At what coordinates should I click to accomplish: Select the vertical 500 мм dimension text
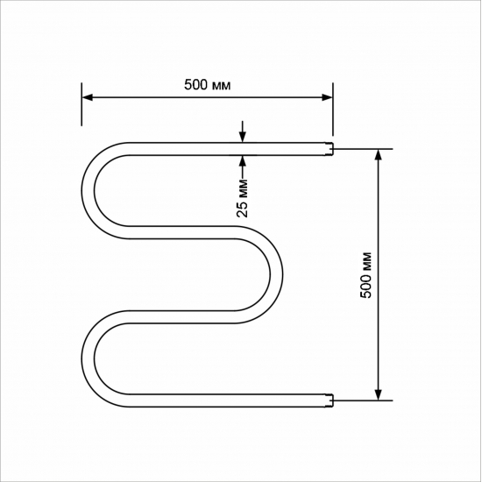(x=366, y=274)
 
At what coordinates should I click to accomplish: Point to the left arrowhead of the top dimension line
(x=88, y=98)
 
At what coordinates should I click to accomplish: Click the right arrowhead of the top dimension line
(x=328, y=98)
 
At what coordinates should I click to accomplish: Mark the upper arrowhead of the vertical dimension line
(x=379, y=154)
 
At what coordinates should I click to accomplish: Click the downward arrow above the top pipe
(x=243, y=136)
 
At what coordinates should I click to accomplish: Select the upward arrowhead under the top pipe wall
(x=243, y=159)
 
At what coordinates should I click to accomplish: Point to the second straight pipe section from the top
(x=184, y=231)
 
